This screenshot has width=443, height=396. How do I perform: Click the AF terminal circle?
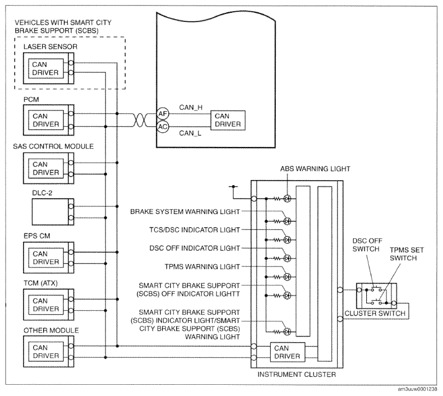click(163, 114)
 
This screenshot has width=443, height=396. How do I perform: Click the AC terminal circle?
click(163, 127)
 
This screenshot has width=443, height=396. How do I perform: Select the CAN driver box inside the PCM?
click(46, 120)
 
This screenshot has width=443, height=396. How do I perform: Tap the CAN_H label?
click(191, 107)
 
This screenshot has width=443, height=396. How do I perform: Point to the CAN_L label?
click(190, 133)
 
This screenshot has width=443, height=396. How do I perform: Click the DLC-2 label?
click(42, 193)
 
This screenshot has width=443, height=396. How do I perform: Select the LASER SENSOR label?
click(50, 47)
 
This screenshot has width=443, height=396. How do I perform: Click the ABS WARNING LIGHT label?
click(315, 169)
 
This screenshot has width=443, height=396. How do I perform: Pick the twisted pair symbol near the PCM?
click(140, 121)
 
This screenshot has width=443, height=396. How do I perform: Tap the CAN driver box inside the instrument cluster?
click(288, 352)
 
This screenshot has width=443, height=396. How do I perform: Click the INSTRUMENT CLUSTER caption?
click(297, 375)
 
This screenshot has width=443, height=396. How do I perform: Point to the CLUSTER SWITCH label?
click(375, 314)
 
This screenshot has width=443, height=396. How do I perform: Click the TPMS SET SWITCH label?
click(407, 254)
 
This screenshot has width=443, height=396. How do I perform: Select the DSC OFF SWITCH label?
click(367, 245)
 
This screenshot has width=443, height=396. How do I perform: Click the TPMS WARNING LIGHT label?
click(202, 267)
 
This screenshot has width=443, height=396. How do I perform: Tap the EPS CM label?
click(36, 236)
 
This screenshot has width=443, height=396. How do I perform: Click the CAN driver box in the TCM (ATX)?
click(46, 305)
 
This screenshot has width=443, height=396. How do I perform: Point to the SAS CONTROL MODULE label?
click(53, 146)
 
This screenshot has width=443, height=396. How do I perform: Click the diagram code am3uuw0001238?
click(417, 389)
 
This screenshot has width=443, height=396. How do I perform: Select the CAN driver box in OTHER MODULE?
click(46, 352)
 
